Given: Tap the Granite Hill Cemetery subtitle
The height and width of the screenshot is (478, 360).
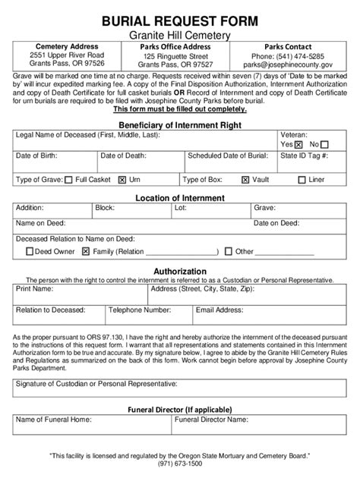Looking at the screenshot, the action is [x=179, y=35].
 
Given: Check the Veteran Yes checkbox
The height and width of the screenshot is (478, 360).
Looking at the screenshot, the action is [x=298, y=144].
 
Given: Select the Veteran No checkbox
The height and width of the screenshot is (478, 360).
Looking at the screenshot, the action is [x=334, y=144].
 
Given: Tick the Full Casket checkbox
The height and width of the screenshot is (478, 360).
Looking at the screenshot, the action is [x=69, y=181].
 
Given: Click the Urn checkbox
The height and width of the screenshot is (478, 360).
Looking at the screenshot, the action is [x=122, y=181].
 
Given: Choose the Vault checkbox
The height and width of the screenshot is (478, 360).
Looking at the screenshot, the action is [x=245, y=181].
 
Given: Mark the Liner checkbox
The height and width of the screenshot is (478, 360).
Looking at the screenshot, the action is [x=302, y=181].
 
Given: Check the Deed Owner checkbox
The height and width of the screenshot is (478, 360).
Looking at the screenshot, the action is [x=28, y=251].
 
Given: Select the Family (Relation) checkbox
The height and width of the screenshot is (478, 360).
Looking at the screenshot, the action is [x=86, y=251].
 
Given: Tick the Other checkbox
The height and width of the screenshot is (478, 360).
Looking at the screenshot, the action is [x=228, y=251].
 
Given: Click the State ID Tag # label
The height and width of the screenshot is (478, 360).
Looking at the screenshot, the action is [x=304, y=156].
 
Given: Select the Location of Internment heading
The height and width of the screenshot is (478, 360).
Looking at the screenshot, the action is [x=179, y=198].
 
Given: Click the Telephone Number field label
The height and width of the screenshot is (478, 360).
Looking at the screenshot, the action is [x=140, y=310].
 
